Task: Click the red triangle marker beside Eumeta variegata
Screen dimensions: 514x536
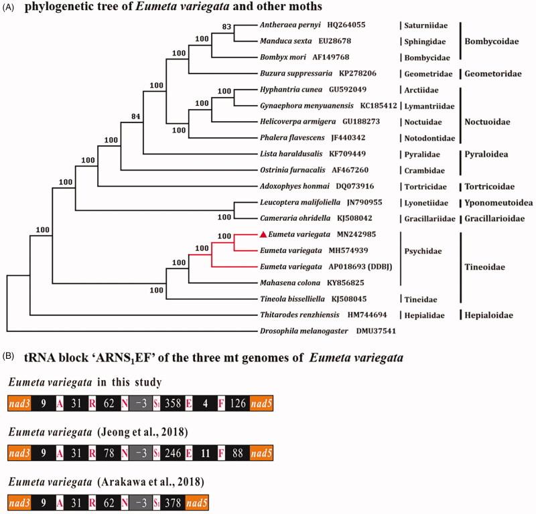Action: coord(263,234)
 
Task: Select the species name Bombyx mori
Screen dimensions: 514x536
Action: coord(280,57)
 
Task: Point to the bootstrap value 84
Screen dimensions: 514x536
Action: coord(137,117)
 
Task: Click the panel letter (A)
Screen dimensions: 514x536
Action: coord(11,7)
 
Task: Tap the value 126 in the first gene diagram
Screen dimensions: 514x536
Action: coord(243,403)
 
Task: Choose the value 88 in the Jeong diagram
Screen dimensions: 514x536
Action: coord(243,452)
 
